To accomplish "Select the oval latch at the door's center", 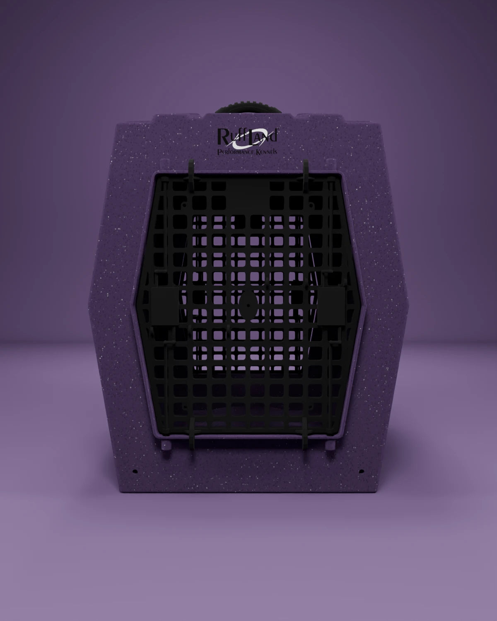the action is [x=248, y=305].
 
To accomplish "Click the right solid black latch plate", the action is [x=331, y=306].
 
